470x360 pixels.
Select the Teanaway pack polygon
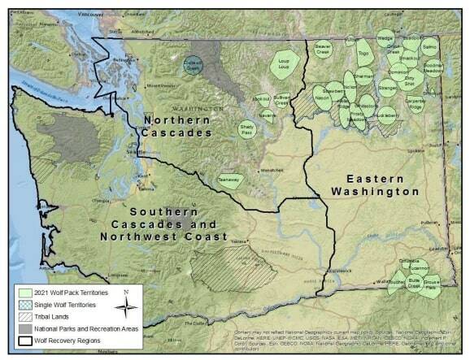coord(230,180)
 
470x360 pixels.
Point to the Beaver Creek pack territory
coord(323,50)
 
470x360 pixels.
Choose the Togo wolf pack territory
coord(363,55)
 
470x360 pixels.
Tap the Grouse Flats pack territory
coord(431,284)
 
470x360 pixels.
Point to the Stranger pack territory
coord(388,88)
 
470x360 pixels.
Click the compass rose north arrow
coord(124,307)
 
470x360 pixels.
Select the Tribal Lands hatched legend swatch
coord(22,316)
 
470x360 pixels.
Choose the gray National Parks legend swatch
coord(22,328)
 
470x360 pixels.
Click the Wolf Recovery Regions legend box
coord(22,340)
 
